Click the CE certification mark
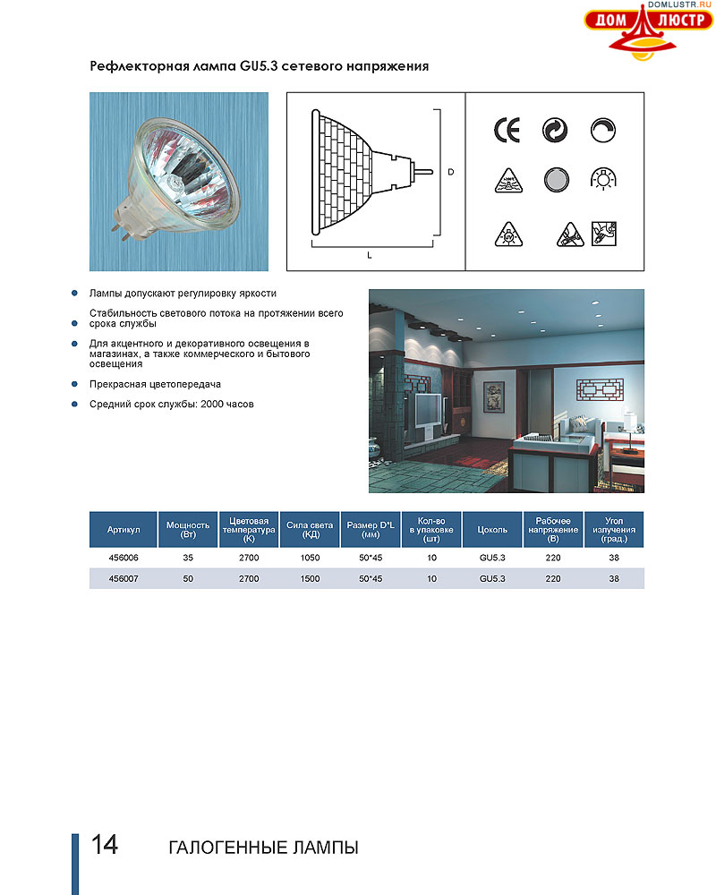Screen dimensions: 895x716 506,131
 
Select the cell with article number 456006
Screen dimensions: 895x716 124,557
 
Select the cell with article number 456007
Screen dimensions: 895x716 124,579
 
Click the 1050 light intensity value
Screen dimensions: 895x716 311,557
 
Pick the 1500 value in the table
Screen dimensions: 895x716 311,579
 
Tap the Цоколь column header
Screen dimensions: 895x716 493,530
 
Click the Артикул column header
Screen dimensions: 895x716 124,530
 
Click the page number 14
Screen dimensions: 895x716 105,845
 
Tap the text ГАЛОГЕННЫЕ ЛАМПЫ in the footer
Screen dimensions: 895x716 263,847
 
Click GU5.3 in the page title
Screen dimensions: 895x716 259,66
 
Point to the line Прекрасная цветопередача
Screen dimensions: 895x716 155,384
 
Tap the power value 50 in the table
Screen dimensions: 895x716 187,579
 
